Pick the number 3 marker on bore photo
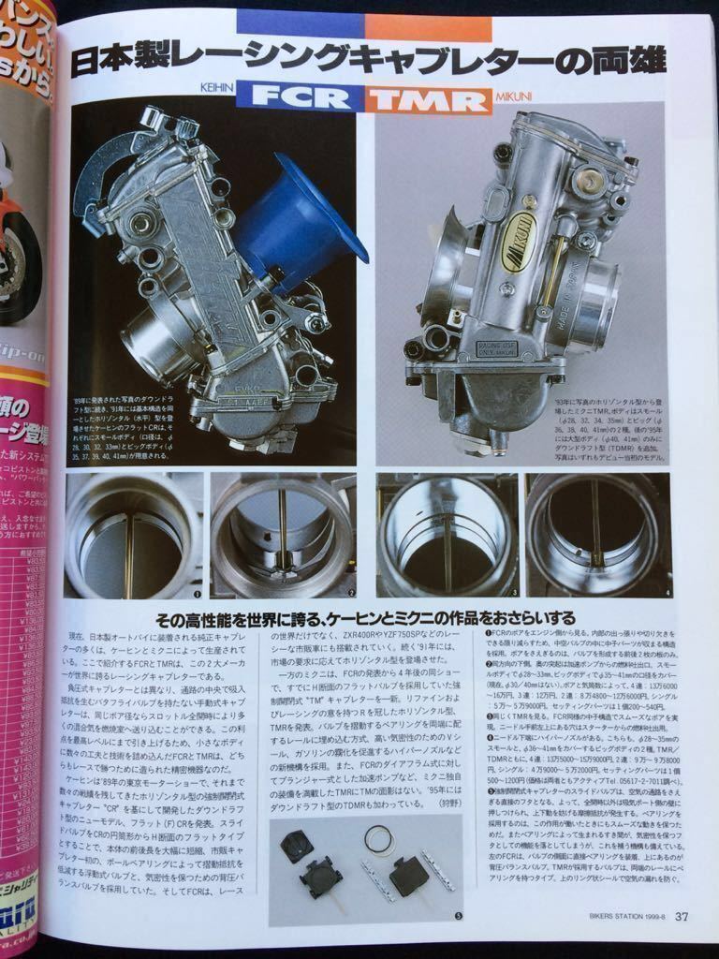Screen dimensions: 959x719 (x=514, y=593)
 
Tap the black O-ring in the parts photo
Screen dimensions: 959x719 (x=379, y=841)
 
